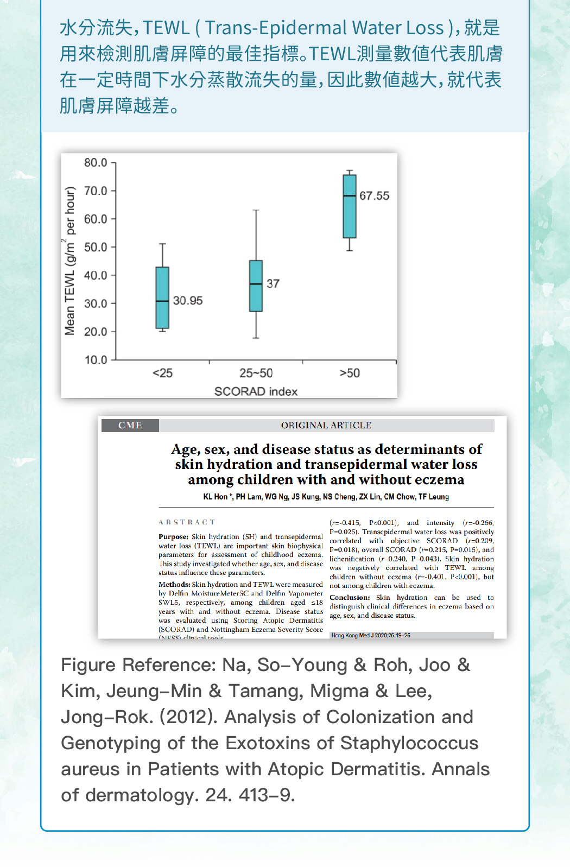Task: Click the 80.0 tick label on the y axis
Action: tap(96, 163)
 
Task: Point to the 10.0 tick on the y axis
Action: tap(96, 360)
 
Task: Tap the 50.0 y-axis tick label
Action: tap(96, 247)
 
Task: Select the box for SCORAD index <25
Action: tap(162, 298)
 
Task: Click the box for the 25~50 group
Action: tap(256, 286)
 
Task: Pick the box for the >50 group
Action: tap(350, 206)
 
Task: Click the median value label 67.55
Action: tap(374, 196)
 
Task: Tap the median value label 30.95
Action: tap(188, 301)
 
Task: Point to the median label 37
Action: tap(273, 283)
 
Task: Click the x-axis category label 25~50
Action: tap(256, 374)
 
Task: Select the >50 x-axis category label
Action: tap(350, 374)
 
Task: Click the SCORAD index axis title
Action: tap(256, 391)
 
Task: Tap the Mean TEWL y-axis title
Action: tap(70, 261)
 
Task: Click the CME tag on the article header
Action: tap(130, 426)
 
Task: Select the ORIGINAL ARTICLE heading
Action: tap(326, 426)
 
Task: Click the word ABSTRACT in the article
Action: tap(187, 522)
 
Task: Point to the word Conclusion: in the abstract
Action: tap(350, 598)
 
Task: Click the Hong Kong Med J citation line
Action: tap(371, 635)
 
